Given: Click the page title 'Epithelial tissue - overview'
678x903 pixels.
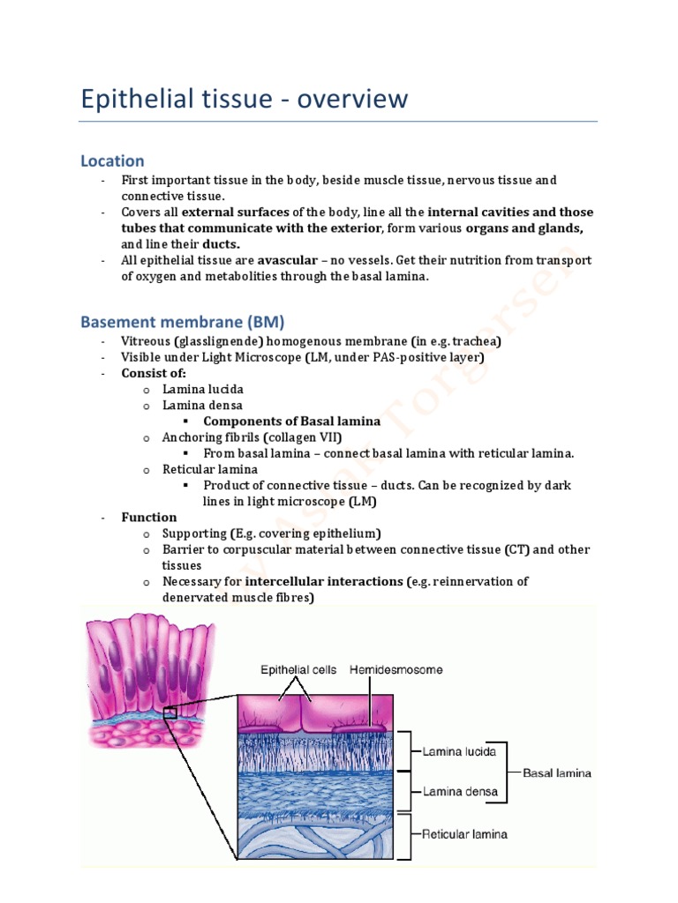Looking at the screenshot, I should [x=245, y=99].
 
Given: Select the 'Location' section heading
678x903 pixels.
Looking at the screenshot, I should [x=112, y=160].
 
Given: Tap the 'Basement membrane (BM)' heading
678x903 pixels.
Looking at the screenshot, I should [x=183, y=321].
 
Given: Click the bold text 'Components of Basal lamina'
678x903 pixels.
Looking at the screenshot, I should [x=291, y=422].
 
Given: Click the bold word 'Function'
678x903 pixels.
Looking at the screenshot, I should [x=149, y=517].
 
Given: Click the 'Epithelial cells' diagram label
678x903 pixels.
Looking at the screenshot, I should [x=299, y=670].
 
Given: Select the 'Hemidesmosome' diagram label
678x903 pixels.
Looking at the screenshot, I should [x=396, y=670].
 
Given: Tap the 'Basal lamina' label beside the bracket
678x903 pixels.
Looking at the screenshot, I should [x=557, y=773].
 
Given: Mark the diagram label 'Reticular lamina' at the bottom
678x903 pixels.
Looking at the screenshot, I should [x=464, y=833].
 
